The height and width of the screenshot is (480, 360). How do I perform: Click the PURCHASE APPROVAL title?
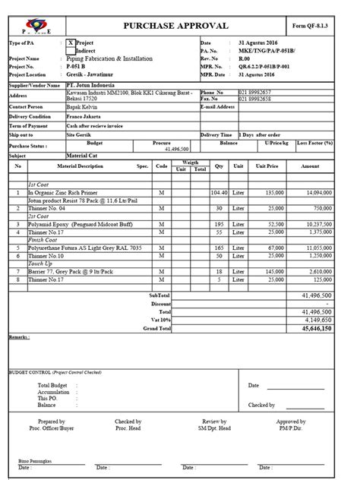175,27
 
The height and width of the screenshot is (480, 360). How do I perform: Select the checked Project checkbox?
71,43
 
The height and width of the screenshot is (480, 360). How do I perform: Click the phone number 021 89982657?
254,92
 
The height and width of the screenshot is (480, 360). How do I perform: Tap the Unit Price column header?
267,166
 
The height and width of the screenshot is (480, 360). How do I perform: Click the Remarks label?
19,336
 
